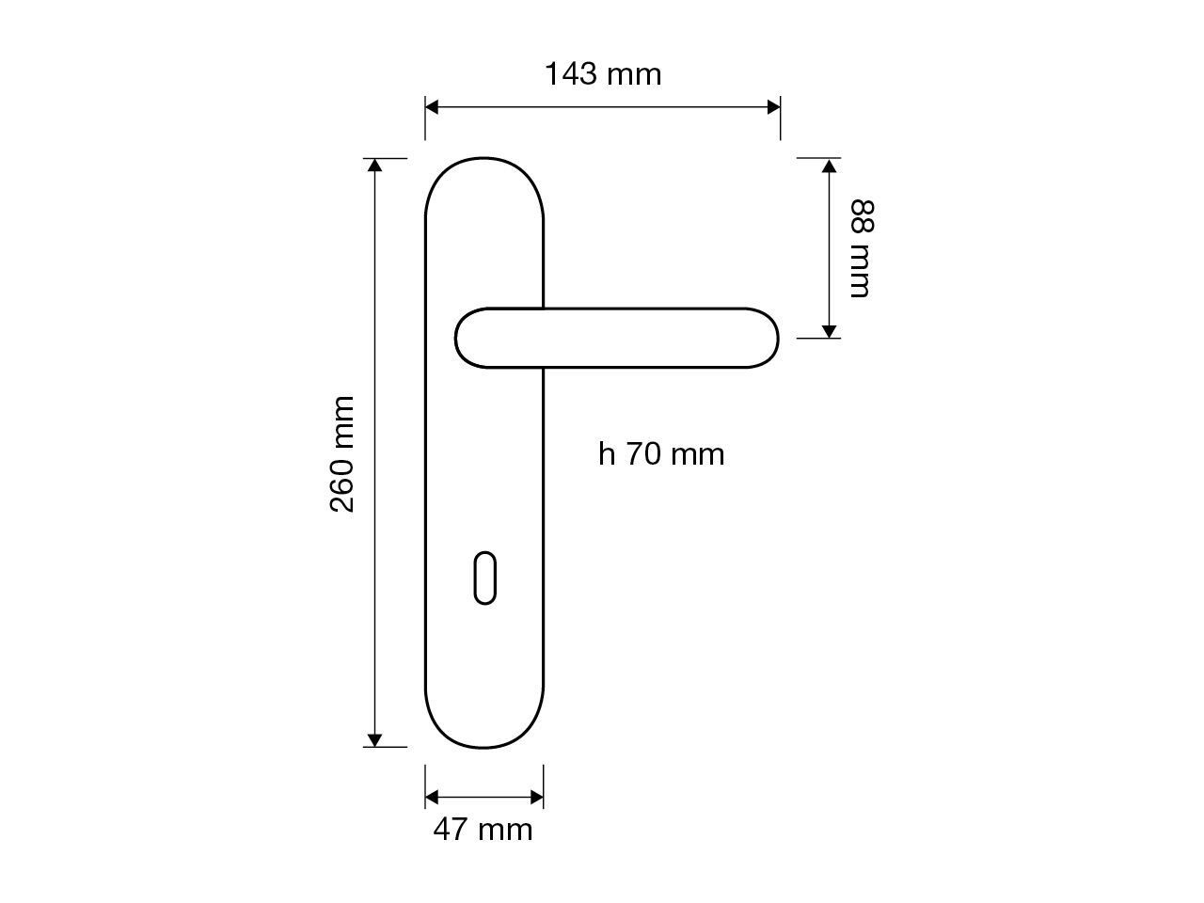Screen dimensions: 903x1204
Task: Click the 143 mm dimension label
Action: (603, 73)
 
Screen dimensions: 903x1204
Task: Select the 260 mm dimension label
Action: (342, 453)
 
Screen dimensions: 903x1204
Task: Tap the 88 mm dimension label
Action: (862, 248)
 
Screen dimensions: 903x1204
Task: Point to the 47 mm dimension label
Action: (483, 830)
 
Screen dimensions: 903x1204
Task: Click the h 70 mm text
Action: (661, 454)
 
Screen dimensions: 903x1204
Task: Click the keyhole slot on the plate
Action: (483, 579)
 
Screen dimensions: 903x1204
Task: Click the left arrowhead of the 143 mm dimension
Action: (432, 107)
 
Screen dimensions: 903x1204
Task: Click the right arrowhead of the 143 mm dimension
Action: (774, 107)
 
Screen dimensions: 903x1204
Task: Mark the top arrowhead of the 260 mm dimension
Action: (375, 166)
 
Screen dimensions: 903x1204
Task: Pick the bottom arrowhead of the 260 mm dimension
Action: (375, 739)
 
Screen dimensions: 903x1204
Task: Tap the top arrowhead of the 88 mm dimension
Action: (829, 166)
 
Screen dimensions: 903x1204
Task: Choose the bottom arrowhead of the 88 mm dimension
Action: (829, 330)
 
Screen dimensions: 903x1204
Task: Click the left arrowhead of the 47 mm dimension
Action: (432, 798)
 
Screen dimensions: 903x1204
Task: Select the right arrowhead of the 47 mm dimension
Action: (537, 798)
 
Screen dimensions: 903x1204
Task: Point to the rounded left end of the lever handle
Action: (468, 338)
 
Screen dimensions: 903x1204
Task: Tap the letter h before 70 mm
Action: (607, 454)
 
